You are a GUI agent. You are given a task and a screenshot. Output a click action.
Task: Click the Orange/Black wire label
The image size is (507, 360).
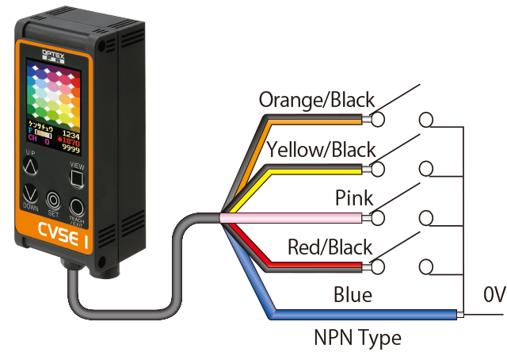(317, 101)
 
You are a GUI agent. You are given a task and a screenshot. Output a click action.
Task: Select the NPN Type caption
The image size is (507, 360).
(357, 339)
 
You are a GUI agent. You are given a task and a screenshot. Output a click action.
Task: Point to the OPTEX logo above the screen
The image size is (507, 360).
(54, 47)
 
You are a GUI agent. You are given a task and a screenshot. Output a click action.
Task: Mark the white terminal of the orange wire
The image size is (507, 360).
(377, 119)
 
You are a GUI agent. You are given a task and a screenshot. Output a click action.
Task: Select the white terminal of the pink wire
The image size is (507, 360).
(377, 217)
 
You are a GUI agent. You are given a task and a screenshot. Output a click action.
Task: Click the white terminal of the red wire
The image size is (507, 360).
(377, 266)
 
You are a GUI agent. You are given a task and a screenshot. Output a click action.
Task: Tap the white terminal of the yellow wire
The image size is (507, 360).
(377, 168)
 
